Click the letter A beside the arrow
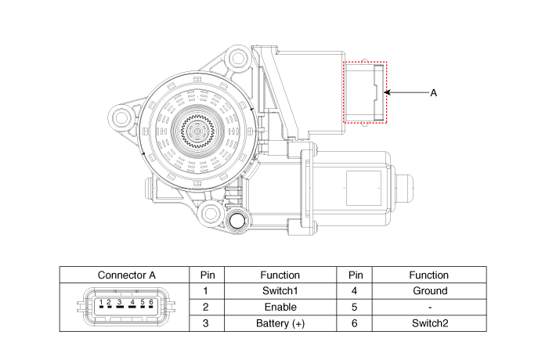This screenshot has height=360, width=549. click(x=433, y=92)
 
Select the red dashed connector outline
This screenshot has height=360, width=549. click(x=366, y=92)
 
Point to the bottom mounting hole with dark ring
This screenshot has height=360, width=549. click(x=236, y=221)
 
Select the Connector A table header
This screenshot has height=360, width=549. click(x=127, y=275)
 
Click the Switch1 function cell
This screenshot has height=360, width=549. click(x=280, y=290)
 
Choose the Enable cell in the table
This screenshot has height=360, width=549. click(x=280, y=307)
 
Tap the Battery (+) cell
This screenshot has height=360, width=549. click(x=280, y=322)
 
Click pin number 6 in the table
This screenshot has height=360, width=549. click(x=355, y=322)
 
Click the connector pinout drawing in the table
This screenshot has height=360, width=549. click(x=126, y=306)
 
